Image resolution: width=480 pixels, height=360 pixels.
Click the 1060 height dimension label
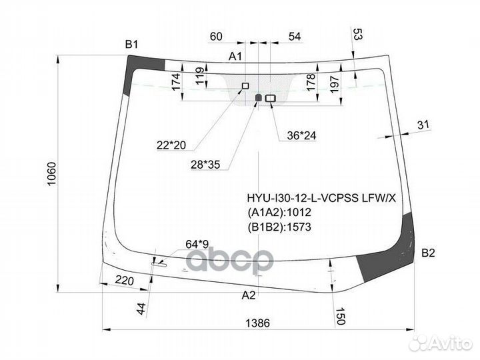pos(51,173)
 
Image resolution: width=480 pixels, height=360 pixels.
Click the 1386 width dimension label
pos(258,323)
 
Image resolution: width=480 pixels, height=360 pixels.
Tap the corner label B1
pos(131,45)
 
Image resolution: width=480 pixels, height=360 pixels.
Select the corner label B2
pos(428,253)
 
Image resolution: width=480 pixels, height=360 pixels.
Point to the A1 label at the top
pos(235,56)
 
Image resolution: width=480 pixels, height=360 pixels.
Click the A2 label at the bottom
pos(248,295)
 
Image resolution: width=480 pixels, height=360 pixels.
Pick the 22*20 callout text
pos(171,145)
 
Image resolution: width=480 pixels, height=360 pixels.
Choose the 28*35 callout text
pos(205,165)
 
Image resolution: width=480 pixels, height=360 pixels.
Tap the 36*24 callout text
pos(301,135)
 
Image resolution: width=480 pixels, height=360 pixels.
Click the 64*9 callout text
pos(197,244)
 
